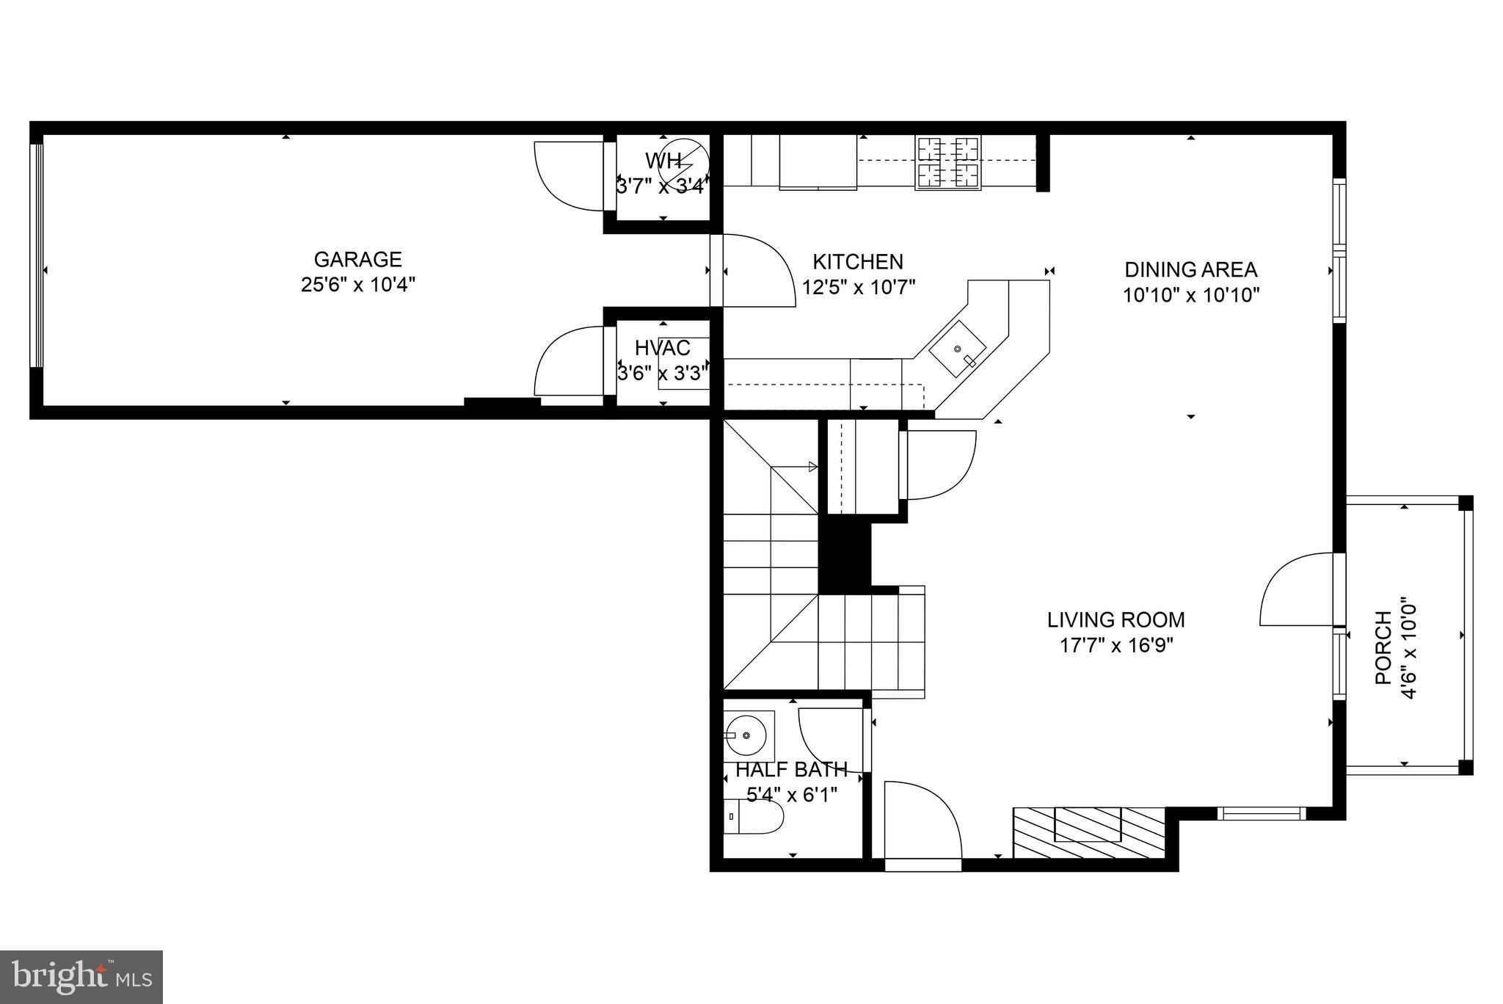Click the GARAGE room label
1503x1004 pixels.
coord(357,259)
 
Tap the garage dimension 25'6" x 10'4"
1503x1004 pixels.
coord(357,285)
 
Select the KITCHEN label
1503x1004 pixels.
coord(857,261)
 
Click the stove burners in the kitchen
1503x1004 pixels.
coord(948,162)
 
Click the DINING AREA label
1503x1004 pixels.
coord(1190,269)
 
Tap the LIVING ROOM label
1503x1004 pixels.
coord(1116,619)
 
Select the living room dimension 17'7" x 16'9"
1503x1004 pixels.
coord(1116,646)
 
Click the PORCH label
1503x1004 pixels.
coord(1383,648)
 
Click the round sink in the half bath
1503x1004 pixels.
coord(747,735)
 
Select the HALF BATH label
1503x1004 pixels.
coord(791,769)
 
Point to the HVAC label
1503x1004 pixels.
coord(663,348)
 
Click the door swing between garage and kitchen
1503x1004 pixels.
coord(756,269)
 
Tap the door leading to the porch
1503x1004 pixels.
coord(1298,589)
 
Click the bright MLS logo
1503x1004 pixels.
coord(81,977)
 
